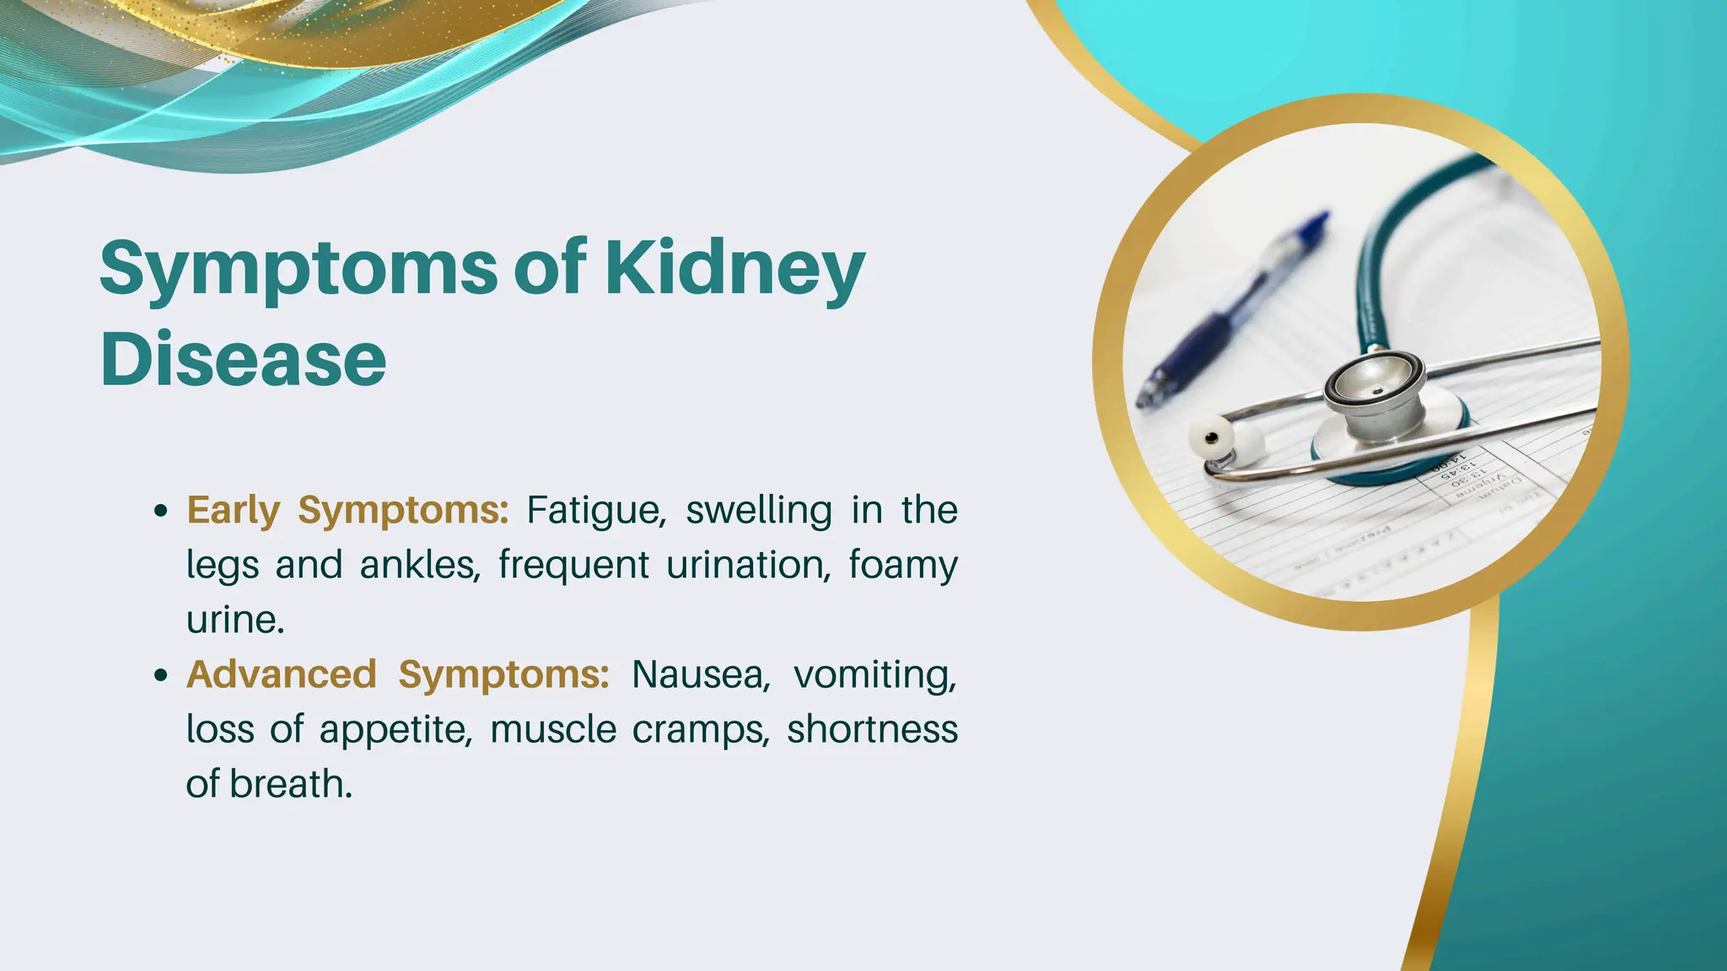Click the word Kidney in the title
pyautogui.click(x=734, y=268)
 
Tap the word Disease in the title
pyautogui.click(x=243, y=360)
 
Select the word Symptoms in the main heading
pyautogui.click(x=299, y=268)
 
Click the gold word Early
pyautogui.click(x=233, y=511)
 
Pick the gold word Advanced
pyautogui.click(x=281, y=674)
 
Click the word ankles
pyautogui.click(x=419, y=566)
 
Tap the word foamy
pyautogui.click(x=902, y=566)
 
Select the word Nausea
pyautogui.click(x=701, y=674)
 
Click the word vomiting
pyautogui.click(x=875, y=674)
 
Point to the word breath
pyautogui.click(x=290, y=785)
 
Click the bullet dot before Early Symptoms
pyautogui.click(x=161, y=512)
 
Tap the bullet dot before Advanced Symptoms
pyautogui.click(x=161, y=675)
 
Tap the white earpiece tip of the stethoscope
pyautogui.click(x=1215, y=437)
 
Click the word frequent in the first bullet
pyautogui.click(x=573, y=566)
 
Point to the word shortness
pyautogui.click(x=872, y=730)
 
